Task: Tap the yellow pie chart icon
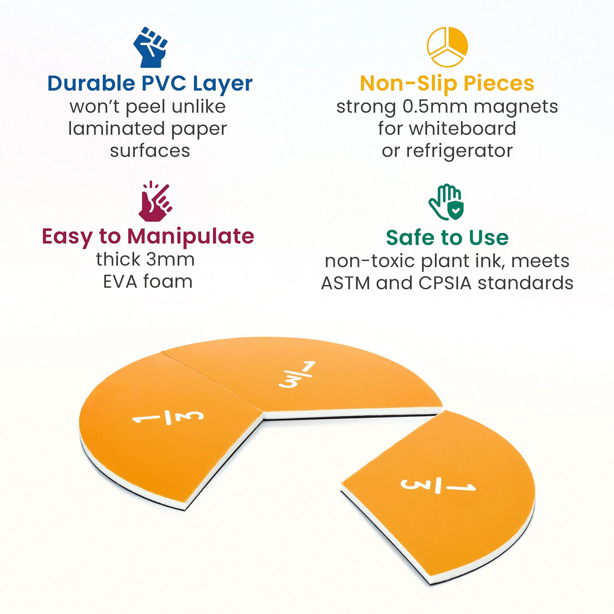(447, 47)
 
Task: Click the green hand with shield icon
(446, 202)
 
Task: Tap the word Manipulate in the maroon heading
(191, 237)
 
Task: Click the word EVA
(120, 281)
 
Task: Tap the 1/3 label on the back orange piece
(297, 375)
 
